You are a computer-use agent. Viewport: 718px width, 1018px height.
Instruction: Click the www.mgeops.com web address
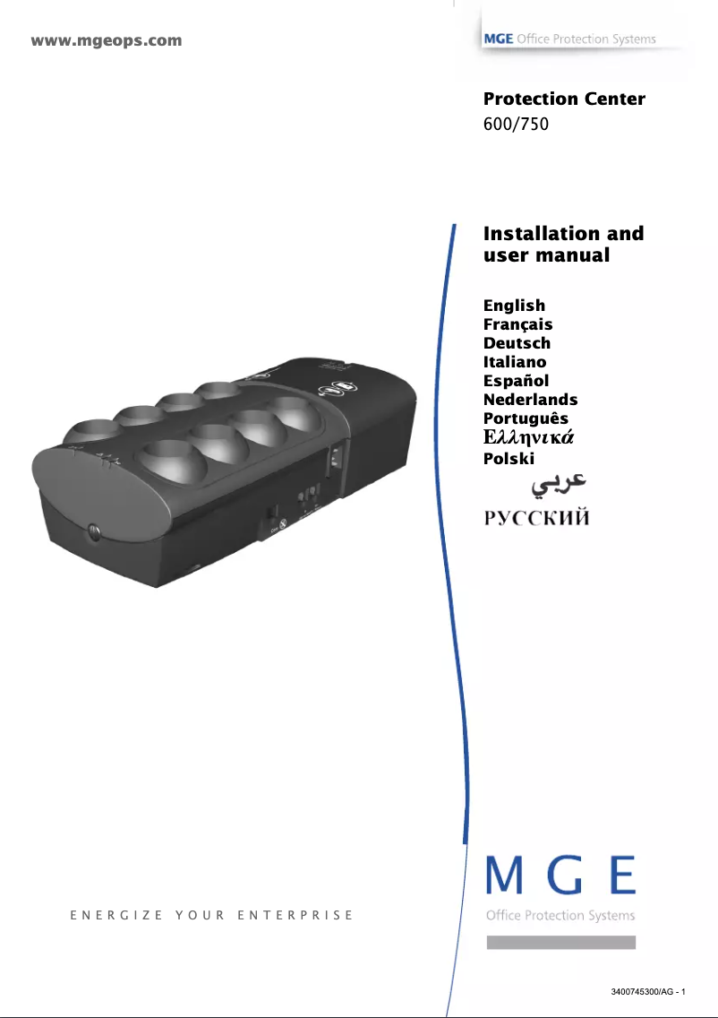click(107, 40)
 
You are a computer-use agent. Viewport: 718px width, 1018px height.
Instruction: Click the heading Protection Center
click(564, 99)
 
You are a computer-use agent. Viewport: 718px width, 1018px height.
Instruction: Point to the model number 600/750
click(515, 124)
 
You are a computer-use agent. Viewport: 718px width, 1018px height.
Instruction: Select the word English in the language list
click(514, 306)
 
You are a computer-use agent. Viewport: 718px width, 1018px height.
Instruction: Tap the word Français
click(517, 324)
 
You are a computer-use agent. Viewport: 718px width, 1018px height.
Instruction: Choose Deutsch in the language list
click(517, 343)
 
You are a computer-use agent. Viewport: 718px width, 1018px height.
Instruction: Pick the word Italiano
click(515, 362)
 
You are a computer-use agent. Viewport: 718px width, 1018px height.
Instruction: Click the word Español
click(516, 381)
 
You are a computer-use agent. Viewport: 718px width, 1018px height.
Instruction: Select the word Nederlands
click(530, 400)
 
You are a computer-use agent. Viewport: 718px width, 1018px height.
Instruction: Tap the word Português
click(526, 418)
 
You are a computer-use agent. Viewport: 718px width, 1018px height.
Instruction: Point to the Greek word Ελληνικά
click(528, 438)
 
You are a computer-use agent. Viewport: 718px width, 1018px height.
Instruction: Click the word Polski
click(509, 459)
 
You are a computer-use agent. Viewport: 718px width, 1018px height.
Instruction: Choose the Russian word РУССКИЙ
click(536, 519)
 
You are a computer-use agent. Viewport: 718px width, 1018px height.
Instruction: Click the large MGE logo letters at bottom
click(560, 876)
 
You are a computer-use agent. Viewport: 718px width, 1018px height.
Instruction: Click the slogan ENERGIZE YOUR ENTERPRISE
click(211, 916)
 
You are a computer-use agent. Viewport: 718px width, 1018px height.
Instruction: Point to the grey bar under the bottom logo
click(560, 942)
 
